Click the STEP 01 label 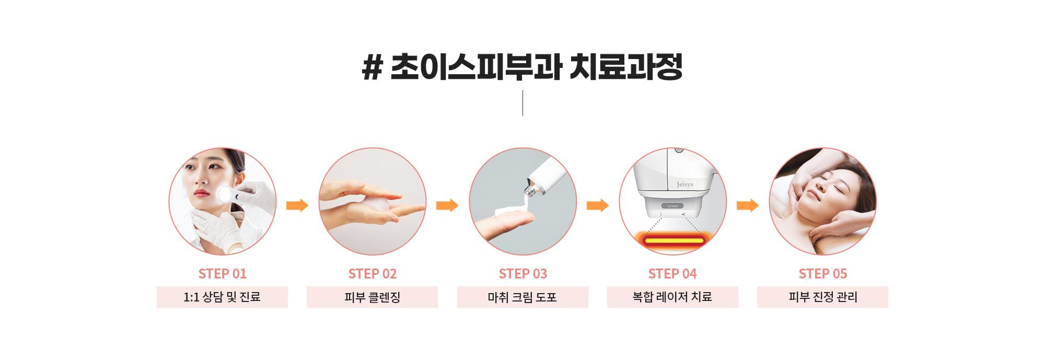(x=223, y=274)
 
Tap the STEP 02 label (x=373, y=274)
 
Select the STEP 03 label (x=523, y=274)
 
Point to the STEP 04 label (x=672, y=274)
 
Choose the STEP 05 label (x=823, y=274)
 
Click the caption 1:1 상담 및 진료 (x=222, y=297)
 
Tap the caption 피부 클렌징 (x=373, y=297)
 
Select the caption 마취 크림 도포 (x=522, y=297)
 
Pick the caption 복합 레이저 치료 (x=672, y=297)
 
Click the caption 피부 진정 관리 (x=823, y=297)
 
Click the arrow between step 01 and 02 (x=297, y=205)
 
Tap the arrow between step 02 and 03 (x=447, y=205)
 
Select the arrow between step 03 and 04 (x=598, y=205)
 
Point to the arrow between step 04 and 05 (x=748, y=205)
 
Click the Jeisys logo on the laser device (x=685, y=184)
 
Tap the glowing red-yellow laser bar (x=674, y=240)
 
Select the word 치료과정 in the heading (x=626, y=67)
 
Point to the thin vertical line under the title (x=522, y=103)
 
